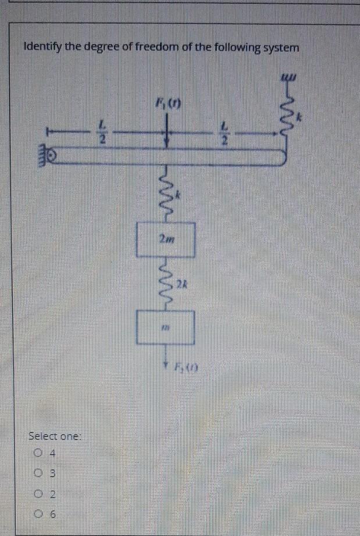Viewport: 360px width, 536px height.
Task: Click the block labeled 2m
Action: click(165, 240)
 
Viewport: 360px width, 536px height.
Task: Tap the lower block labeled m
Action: click(166, 327)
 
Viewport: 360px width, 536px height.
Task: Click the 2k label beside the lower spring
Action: click(181, 283)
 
